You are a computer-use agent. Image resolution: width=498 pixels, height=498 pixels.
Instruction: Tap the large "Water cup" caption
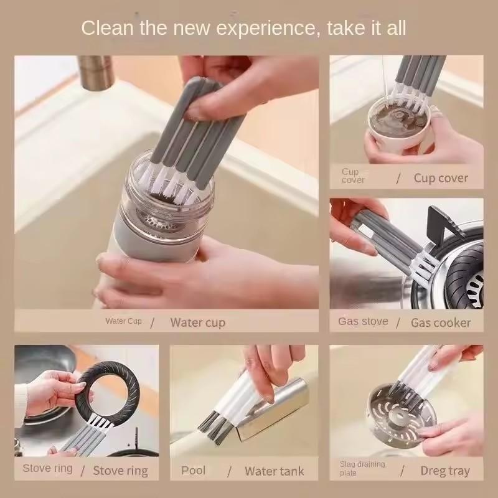(x=197, y=322)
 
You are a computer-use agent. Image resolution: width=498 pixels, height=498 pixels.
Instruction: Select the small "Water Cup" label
(x=123, y=321)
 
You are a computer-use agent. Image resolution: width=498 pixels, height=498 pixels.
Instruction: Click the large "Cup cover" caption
(x=441, y=178)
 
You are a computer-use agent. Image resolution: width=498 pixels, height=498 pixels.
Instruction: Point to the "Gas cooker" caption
(x=441, y=322)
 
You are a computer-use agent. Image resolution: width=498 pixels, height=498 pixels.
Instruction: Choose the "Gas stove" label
(x=363, y=321)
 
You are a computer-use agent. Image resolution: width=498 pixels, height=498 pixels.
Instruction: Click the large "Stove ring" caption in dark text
(x=121, y=471)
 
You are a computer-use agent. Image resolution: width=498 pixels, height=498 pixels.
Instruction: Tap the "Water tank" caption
(x=274, y=471)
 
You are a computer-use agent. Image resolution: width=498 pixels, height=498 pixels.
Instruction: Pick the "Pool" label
(x=193, y=469)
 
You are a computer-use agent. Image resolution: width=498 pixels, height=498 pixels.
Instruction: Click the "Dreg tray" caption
(x=445, y=471)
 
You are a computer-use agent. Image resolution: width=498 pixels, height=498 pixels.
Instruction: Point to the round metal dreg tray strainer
(x=398, y=411)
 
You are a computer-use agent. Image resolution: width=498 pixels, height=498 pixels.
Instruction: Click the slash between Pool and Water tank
(x=230, y=471)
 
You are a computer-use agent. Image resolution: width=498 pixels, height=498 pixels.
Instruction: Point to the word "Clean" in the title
(x=108, y=28)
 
